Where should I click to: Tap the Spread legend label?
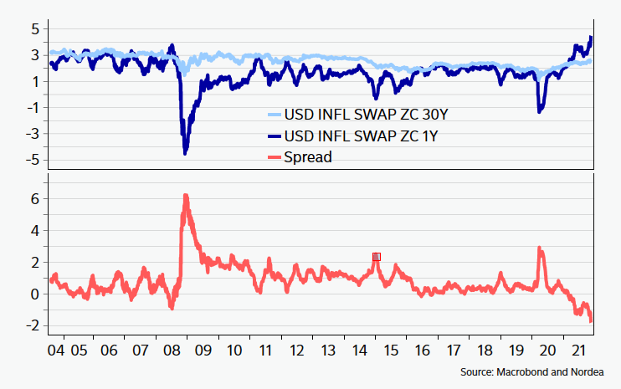point(309,156)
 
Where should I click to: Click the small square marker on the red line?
point(377,257)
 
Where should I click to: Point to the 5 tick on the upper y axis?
point(34,28)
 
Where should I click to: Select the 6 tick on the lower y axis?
point(34,198)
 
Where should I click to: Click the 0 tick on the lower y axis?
point(34,294)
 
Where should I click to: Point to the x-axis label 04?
point(55,349)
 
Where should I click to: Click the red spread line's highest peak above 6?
point(185,196)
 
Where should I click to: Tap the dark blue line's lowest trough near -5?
point(185,153)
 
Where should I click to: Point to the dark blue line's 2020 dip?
point(540,110)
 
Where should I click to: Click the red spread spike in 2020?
point(540,248)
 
